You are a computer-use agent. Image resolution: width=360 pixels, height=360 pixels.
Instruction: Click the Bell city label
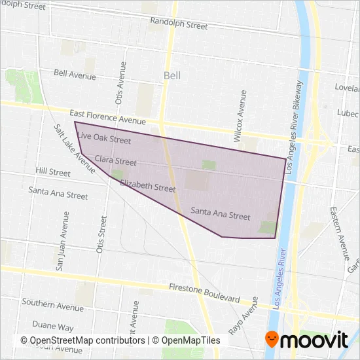click(x=172, y=76)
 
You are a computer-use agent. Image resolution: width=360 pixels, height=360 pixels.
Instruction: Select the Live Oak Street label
click(x=104, y=139)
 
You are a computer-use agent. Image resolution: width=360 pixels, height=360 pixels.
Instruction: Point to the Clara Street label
click(x=115, y=161)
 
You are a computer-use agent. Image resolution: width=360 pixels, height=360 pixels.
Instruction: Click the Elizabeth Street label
click(x=148, y=187)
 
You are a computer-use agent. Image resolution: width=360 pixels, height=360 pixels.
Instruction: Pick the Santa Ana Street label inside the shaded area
click(x=221, y=215)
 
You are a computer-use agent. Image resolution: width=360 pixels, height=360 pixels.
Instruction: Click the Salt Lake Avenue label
click(x=75, y=144)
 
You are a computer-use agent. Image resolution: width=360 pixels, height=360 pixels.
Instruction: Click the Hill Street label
click(x=54, y=173)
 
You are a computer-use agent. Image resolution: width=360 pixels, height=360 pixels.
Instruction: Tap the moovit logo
click(x=306, y=339)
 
